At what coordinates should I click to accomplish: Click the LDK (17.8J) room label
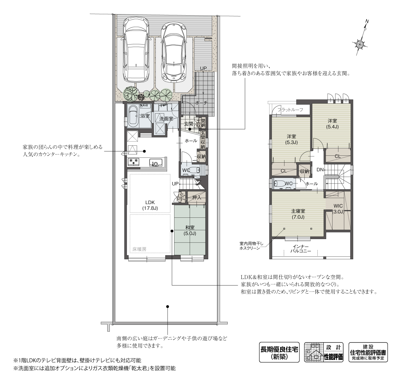[x=150, y=205]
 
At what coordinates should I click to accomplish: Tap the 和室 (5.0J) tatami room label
[x=190, y=230]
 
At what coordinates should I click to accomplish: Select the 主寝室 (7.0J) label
[x=298, y=214]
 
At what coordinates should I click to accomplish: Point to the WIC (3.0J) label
[x=338, y=209]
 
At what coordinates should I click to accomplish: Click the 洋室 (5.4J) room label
[x=332, y=123]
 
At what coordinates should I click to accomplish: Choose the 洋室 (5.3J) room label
[x=291, y=139]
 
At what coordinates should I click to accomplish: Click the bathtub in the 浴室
[x=133, y=116]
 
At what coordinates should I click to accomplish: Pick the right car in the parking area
[x=174, y=52]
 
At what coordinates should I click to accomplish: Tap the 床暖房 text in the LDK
[x=139, y=249]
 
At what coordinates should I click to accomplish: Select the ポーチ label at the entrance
[x=201, y=103]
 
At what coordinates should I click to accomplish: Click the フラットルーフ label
[x=290, y=110]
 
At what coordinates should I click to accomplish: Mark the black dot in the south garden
[x=168, y=307]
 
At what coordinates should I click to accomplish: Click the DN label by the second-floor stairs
[x=320, y=170]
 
